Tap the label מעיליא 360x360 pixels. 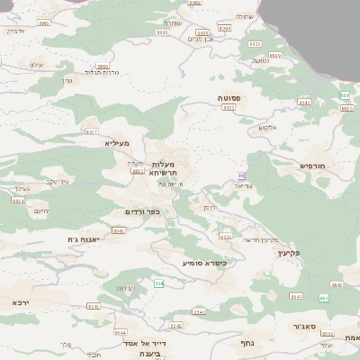tap(117, 143)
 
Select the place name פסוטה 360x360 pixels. tap(229, 97)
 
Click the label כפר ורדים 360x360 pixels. tap(142, 211)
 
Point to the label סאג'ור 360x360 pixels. tap(303, 327)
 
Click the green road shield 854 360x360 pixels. tap(158, 283)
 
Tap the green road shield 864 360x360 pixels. tap(324, 298)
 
